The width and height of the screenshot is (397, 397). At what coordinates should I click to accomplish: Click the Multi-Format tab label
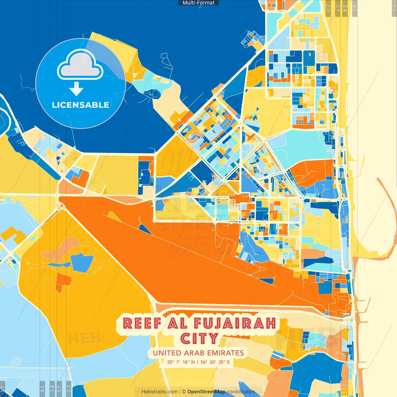(198, 3)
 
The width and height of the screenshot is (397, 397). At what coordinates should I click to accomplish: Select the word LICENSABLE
(80, 105)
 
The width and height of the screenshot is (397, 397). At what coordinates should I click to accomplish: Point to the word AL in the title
(177, 323)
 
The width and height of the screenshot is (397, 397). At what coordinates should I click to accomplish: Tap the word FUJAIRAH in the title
(235, 323)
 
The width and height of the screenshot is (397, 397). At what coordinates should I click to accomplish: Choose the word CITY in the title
(199, 339)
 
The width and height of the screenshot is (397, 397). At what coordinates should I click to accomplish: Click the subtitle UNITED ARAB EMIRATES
(198, 353)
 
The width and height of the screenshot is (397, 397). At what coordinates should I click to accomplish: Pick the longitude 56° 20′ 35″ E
(215, 362)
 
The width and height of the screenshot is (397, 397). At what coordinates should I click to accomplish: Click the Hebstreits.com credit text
(159, 392)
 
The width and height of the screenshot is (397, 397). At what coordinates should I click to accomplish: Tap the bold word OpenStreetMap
(206, 392)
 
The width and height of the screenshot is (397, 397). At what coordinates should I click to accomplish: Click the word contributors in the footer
(241, 392)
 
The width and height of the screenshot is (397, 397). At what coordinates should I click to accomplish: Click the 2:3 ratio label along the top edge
(328, 8)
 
